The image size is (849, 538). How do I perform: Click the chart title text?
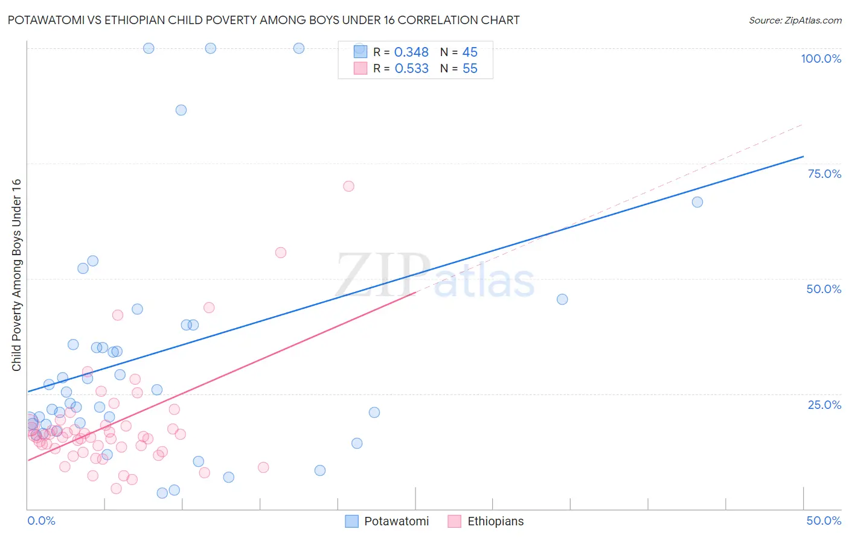tap(263, 20)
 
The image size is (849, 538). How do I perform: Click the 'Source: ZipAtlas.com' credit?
tap(795, 20)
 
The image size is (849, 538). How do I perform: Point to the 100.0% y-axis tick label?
tap(821, 59)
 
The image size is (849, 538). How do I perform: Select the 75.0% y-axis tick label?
tap(824, 174)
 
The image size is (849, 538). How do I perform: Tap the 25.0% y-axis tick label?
tap(824, 405)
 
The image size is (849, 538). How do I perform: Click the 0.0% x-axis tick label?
tap(41, 521)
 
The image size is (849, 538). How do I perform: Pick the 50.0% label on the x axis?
tap(824, 521)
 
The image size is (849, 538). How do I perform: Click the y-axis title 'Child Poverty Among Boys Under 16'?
tap(17, 275)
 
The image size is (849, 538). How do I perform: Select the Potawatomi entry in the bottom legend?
tap(396, 521)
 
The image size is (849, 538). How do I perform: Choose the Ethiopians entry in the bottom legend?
tap(495, 521)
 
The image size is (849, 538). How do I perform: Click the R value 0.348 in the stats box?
tap(411, 52)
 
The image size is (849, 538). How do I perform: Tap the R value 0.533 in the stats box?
tap(411, 69)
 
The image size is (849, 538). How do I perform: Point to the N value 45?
tap(470, 52)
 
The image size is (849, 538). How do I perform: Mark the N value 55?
tap(470, 69)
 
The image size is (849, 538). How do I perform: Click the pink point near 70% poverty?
tap(348, 186)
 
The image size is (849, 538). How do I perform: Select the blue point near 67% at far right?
tap(697, 202)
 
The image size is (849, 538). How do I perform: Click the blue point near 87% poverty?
tap(181, 110)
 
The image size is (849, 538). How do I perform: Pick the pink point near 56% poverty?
tap(281, 253)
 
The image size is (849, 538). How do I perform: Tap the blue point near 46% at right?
tap(562, 299)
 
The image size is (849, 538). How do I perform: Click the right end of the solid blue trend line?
tap(803, 157)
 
